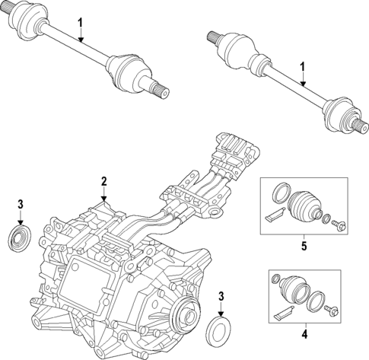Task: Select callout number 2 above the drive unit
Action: pos(104,183)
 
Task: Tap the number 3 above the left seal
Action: pos(21,203)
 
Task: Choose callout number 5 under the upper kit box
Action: pos(304,246)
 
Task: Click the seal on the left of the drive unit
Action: pos(16,237)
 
